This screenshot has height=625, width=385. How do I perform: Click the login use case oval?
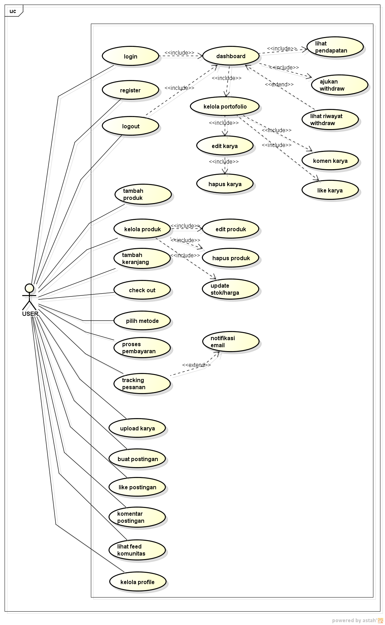pos(130,56)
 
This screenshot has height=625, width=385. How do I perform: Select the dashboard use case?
pos(231,56)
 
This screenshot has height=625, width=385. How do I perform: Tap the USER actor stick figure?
pos(29,297)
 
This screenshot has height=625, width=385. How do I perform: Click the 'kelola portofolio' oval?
pos(225,106)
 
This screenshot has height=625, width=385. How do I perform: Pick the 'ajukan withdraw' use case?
pos(340,85)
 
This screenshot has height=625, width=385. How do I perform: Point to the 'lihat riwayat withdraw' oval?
pos(330,120)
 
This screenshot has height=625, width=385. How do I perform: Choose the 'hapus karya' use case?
pos(225,184)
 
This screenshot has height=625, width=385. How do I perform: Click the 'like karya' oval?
pos(330,190)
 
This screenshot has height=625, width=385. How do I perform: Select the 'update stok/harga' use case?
pos(230,289)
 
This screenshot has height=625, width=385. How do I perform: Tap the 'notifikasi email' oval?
pos(231,342)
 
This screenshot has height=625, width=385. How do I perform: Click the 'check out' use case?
pos(142,290)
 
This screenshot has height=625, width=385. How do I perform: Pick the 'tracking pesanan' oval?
pos(142,384)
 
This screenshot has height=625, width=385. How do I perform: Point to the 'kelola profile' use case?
pos(137,582)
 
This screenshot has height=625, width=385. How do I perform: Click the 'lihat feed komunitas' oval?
pos(137,550)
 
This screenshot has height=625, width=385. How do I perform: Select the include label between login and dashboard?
pos(179,53)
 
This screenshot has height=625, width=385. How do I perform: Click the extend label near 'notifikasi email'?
pos(196,365)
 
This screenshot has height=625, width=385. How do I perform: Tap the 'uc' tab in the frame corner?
pos(13,11)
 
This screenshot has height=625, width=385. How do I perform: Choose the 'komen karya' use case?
pos(330,160)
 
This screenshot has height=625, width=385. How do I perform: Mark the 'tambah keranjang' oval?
pos(142,258)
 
